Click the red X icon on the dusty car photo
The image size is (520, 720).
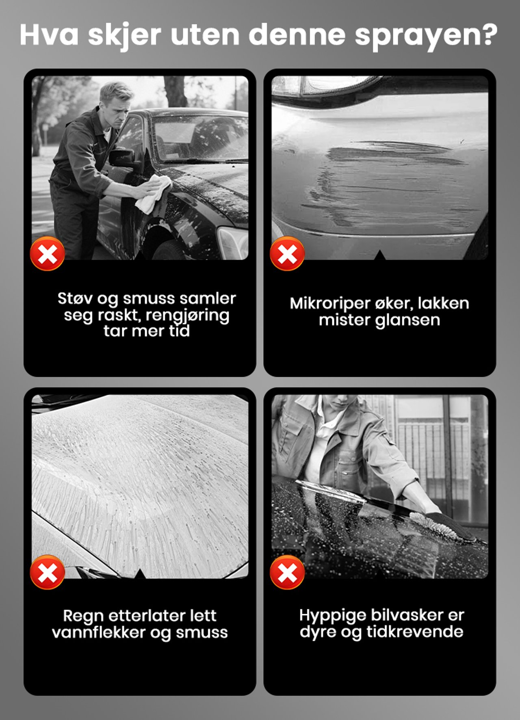click(x=48, y=253)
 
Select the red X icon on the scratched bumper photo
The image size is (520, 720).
click(x=287, y=253)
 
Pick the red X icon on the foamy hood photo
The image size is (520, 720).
click(x=48, y=572)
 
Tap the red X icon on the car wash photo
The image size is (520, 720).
click(x=287, y=572)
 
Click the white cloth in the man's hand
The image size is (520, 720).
click(x=152, y=192)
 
